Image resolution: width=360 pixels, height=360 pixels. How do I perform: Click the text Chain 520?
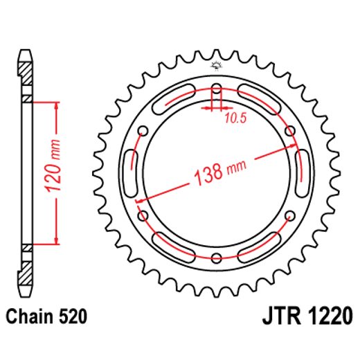pos(47,318)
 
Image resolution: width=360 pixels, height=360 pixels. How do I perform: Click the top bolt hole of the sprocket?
pos(217,89)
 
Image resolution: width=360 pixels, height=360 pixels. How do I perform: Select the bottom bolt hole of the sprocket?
pos(217,259)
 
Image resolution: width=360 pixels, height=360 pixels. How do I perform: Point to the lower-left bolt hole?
pos(144,217)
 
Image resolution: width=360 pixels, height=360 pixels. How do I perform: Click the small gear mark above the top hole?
pos(217,66)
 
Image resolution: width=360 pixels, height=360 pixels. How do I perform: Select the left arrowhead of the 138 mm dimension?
pos(141,200)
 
